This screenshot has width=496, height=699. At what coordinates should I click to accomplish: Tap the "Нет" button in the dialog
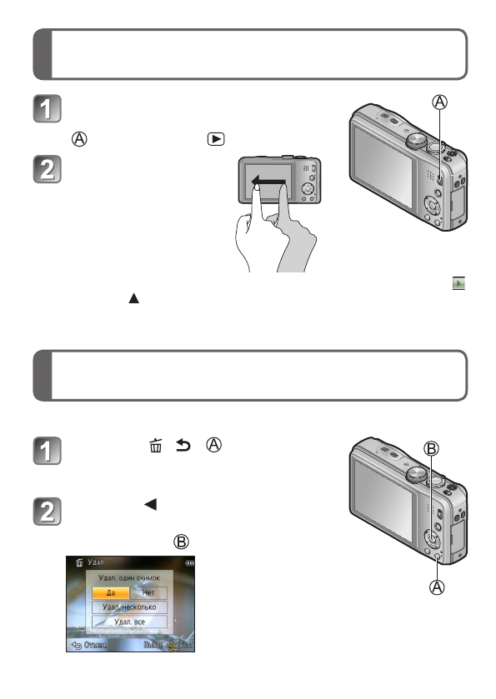(x=148, y=592)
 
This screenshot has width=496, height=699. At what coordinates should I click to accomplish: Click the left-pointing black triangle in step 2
(x=152, y=505)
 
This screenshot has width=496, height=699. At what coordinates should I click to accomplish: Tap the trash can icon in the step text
(x=154, y=448)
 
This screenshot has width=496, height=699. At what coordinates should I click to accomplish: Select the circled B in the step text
(x=181, y=541)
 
